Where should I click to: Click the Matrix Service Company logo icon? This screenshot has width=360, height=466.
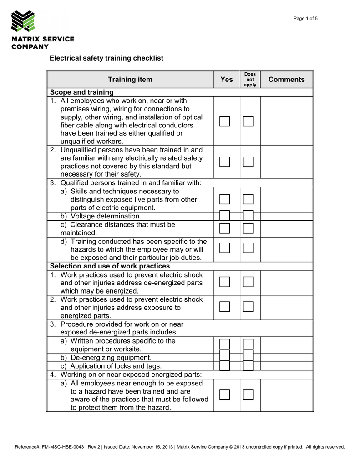(x=23, y=21)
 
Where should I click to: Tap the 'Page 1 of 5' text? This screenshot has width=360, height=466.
(x=305, y=19)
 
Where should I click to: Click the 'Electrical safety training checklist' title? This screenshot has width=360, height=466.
(x=106, y=58)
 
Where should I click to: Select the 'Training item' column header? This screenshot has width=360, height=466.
(x=130, y=80)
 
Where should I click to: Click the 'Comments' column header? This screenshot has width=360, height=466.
(x=286, y=80)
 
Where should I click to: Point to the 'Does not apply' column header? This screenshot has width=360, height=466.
(x=250, y=80)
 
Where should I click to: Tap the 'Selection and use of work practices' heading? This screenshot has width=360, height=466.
(x=110, y=266)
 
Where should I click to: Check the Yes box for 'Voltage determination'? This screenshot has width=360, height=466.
(x=224, y=216)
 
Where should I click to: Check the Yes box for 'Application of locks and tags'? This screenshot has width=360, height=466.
(x=224, y=366)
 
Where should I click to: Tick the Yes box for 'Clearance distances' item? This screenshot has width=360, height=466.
(x=224, y=228)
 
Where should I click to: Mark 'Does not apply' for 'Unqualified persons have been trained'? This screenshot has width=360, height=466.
(x=248, y=162)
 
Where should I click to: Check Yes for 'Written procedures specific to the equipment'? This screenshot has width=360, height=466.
(x=224, y=344)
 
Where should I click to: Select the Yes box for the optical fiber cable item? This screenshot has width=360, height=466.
(x=224, y=121)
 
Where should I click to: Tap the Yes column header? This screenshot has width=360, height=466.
(x=227, y=80)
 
